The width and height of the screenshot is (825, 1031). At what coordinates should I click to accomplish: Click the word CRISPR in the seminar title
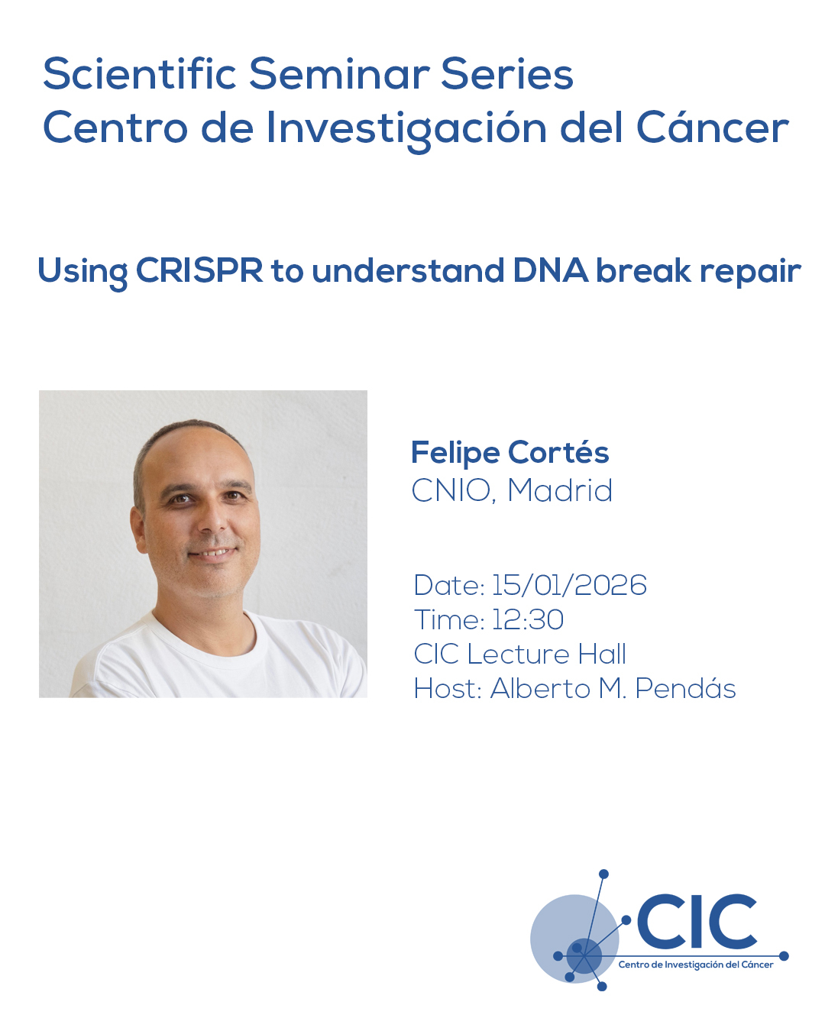[199, 270]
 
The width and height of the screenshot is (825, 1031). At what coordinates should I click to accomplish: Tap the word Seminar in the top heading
[339, 73]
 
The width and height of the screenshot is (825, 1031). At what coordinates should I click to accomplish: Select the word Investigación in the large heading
[406, 128]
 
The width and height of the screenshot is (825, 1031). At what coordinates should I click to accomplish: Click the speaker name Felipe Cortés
[510, 453]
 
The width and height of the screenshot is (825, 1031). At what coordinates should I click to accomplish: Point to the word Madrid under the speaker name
[560, 490]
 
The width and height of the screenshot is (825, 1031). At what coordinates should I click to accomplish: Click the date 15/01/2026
[569, 585]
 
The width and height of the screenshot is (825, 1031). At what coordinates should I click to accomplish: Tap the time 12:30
[527, 619]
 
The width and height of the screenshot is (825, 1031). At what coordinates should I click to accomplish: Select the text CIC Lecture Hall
[519, 654]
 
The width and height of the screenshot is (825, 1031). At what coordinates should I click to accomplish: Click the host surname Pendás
[685, 688]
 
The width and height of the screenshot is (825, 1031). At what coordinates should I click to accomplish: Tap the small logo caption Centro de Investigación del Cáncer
[696, 965]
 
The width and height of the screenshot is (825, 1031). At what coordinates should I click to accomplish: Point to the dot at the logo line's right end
[784, 956]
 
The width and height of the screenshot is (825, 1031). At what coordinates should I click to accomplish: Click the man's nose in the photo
[212, 520]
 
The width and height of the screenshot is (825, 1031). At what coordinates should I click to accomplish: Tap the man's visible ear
[138, 530]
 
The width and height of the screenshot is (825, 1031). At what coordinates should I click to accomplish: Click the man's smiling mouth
[213, 554]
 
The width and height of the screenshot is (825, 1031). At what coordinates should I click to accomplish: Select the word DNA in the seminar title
[550, 270]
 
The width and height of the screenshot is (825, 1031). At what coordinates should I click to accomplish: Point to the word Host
[448, 689]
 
